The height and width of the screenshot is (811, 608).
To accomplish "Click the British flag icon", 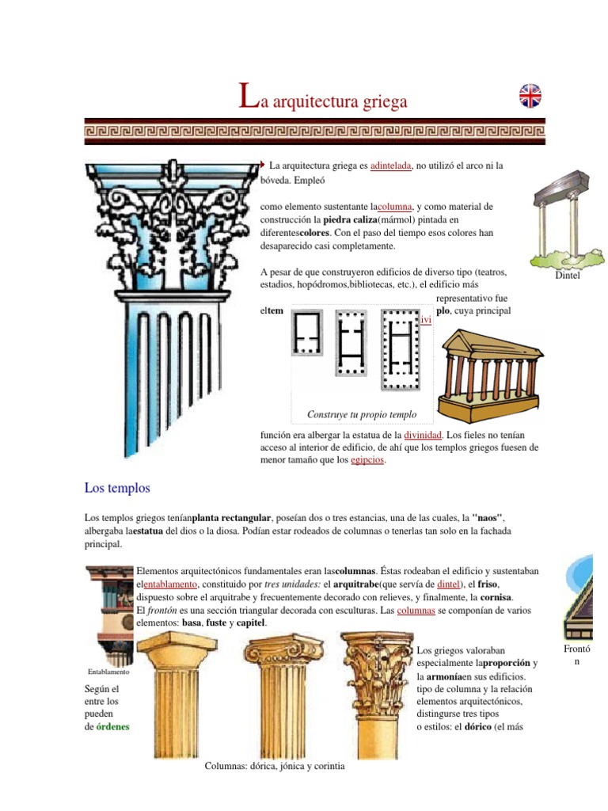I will [530, 96].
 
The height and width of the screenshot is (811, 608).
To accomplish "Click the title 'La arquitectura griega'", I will [323, 101].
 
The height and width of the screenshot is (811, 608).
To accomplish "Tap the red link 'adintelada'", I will [391, 166].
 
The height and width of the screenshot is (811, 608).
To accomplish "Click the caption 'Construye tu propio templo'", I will [362, 414].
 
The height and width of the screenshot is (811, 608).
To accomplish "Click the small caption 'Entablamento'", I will [108, 672].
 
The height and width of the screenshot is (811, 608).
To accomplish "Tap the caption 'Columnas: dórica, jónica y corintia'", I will [275, 767].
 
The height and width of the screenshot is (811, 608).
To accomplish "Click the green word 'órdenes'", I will [112, 726].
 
